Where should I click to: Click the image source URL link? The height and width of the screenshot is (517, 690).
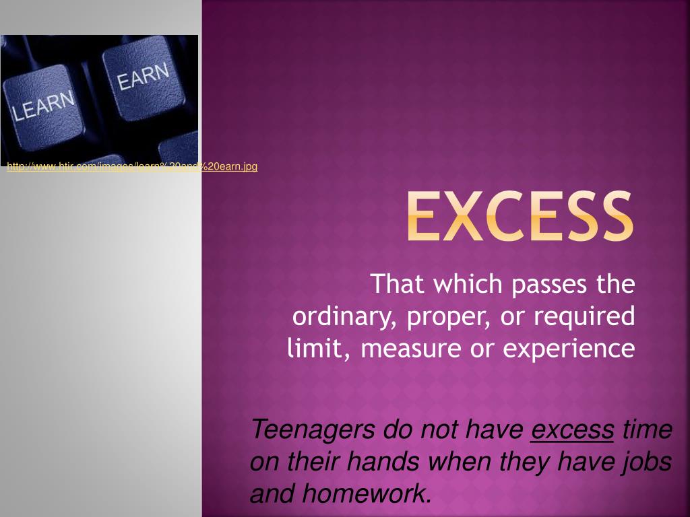pyautogui.click(x=132, y=166)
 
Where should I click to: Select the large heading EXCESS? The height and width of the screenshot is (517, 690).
pyautogui.click(x=520, y=217)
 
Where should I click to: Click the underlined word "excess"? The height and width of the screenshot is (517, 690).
pyautogui.click(x=572, y=429)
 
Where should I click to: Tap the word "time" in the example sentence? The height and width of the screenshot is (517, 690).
pyautogui.click(x=646, y=429)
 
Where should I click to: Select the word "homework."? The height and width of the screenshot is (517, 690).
pyautogui.click(x=367, y=493)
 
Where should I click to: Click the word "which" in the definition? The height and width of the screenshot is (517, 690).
pyautogui.click(x=464, y=284)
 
